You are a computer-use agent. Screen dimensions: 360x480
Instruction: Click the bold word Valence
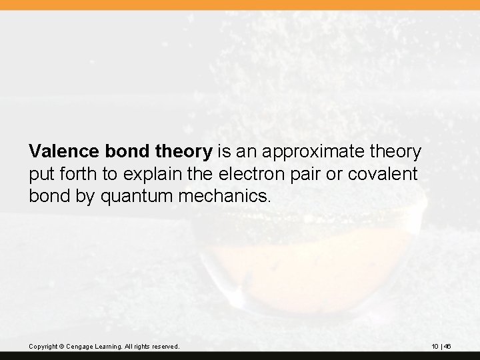click(x=64, y=152)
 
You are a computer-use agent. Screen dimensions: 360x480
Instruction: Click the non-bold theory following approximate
click(x=397, y=152)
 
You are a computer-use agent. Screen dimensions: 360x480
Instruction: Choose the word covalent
click(x=389, y=175)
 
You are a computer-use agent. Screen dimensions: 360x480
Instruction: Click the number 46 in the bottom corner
click(x=449, y=347)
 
